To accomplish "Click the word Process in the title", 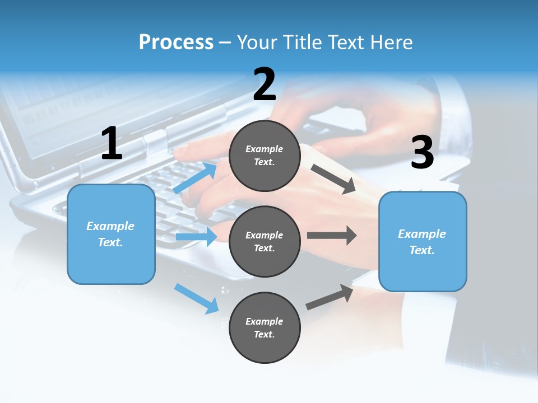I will [x=176, y=42].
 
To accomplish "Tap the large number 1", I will [x=112, y=143].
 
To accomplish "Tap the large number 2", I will [x=265, y=85].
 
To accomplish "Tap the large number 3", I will [x=422, y=152].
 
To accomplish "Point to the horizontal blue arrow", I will [x=196, y=237].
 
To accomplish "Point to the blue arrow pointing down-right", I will [x=197, y=298].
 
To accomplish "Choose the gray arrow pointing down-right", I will [x=333, y=179].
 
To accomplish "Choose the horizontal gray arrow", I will [x=332, y=235].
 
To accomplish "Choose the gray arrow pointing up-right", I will [x=330, y=297].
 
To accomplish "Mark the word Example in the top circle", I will [x=265, y=149].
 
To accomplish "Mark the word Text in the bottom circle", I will [x=263, y=334].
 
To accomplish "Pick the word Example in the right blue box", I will [x=422, y=234].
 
